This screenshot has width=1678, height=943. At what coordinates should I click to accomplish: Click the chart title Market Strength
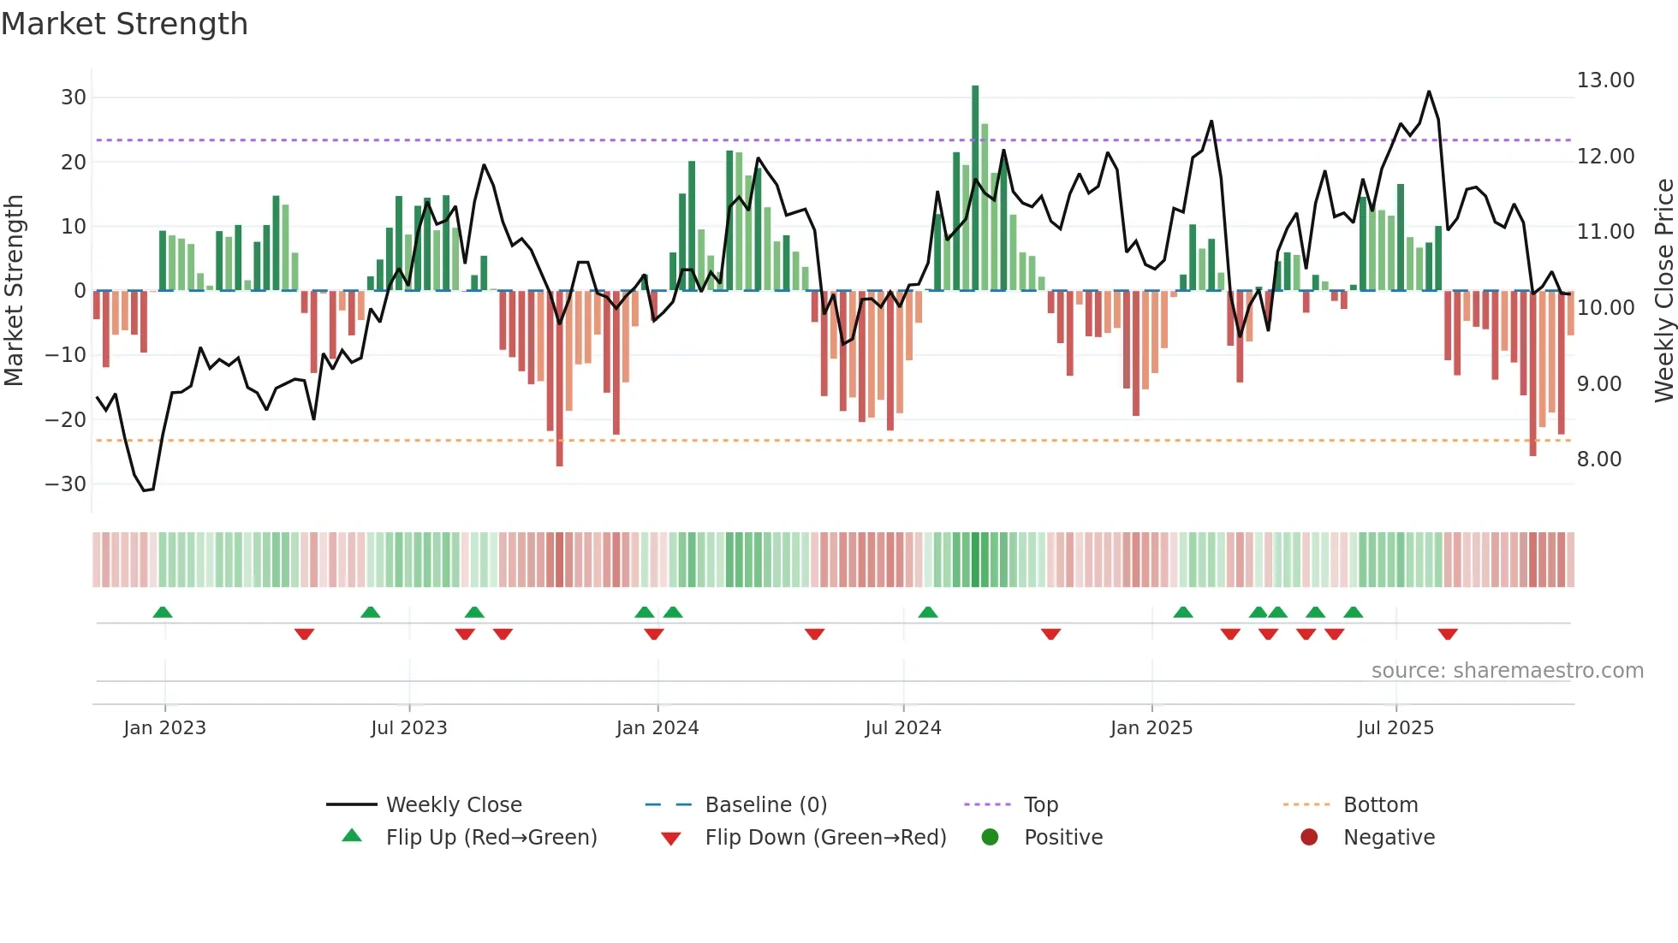pos(124,24)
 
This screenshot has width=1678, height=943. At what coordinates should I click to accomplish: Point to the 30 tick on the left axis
pos(74,98)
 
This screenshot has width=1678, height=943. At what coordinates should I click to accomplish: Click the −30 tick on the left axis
pos(67,484)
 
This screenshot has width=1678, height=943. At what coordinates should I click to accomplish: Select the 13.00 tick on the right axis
pos(1605,80)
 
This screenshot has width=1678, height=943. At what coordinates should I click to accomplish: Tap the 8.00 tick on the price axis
pos(1599,460)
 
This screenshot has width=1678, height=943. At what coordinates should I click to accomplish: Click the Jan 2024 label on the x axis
pos(657,728)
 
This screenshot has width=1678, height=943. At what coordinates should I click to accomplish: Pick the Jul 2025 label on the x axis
pos(1395,728)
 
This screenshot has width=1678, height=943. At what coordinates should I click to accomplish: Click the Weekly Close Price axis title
pos(1663,291)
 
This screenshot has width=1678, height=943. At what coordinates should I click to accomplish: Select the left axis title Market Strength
pos(14,291)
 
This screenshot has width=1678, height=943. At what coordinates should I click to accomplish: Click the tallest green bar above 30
pos(975,188)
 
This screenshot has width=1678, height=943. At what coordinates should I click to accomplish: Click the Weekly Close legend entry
pos(453,805)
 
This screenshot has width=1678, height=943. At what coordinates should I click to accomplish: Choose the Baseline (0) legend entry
pos(765,805)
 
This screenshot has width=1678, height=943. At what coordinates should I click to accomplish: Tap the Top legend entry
pos(1040,805)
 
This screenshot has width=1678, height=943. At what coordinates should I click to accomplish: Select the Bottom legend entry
pos(1380,805)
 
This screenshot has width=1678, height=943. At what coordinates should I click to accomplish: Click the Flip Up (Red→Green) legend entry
pos(491,838)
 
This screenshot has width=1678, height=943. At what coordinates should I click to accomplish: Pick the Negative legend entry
pos(1388,838)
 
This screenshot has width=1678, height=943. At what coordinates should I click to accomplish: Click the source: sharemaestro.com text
pos(1507,671)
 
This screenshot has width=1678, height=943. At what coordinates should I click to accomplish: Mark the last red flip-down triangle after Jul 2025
pos(1448,634)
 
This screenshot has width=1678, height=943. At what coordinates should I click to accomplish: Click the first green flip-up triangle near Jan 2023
pos(163,612)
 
